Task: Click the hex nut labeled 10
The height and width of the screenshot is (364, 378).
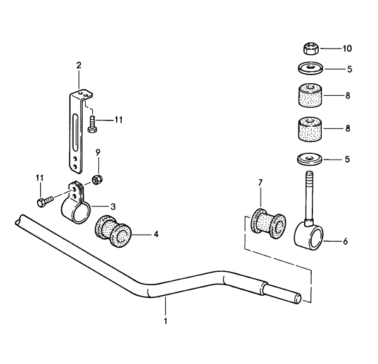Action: tap(309, 47)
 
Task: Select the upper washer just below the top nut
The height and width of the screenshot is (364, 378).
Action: tap(309, 67)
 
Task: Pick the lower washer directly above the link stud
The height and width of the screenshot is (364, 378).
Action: tap(309, 159)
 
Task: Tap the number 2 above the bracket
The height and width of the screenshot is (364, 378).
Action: tap(79, 65)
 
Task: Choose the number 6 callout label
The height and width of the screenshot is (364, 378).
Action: tap(345, 241)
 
